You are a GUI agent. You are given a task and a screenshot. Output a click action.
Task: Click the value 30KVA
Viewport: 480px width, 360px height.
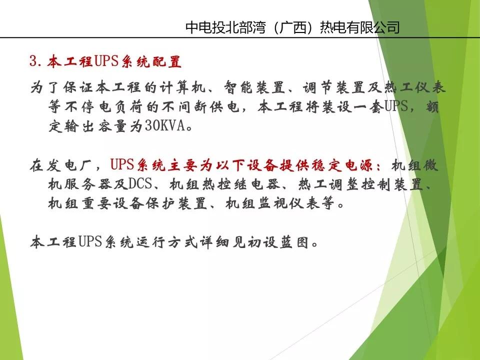coord(164,126)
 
